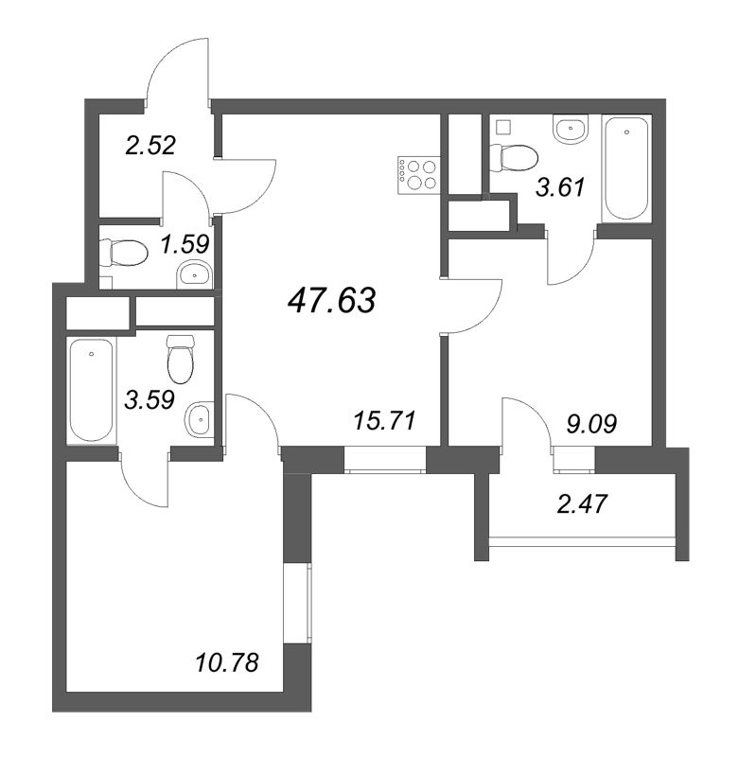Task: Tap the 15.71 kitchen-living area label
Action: (383, 418)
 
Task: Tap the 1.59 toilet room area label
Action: (185, 244)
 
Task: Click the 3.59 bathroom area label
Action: (150, 398)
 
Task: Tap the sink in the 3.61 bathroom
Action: (571, 130)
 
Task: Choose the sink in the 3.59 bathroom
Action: (201, 418)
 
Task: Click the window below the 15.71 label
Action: (385, 460)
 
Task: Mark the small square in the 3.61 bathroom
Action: (503, 125)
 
